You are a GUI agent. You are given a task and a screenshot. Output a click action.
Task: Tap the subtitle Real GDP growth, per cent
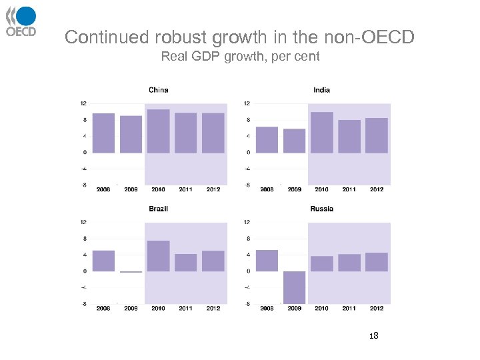coord(240,57)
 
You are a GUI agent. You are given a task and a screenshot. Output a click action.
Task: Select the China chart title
coord(158,90)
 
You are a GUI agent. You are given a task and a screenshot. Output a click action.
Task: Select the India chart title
coord(321,90)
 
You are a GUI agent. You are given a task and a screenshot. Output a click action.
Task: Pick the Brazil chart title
coord(158,209)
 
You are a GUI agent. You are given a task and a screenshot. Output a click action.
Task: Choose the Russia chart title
coord(321,209)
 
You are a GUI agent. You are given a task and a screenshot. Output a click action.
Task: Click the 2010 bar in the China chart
coord(158,131)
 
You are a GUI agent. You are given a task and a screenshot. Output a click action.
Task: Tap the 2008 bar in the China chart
coord(103,133)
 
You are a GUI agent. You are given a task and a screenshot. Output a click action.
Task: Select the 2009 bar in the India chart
coord(294,141)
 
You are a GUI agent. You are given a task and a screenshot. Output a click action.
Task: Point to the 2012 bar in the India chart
coord(377,135)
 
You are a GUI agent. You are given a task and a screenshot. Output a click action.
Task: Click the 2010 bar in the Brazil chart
coord(158,256)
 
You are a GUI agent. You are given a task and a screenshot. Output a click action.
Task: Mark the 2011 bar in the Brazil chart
coord(185,263)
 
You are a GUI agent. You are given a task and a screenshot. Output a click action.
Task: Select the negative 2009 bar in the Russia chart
coord(294,287)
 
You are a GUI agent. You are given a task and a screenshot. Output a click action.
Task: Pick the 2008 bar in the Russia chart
coord(267,261)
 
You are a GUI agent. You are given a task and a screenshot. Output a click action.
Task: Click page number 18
coord(374,335)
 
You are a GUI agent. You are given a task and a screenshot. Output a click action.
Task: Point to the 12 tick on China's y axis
coord(83,103)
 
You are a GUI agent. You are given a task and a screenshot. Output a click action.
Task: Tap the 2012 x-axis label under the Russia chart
coord(377,308)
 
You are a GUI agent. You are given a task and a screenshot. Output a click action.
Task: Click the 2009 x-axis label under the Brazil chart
coord(131,308)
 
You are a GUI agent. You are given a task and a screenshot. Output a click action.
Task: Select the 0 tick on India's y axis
coord(247,153)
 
